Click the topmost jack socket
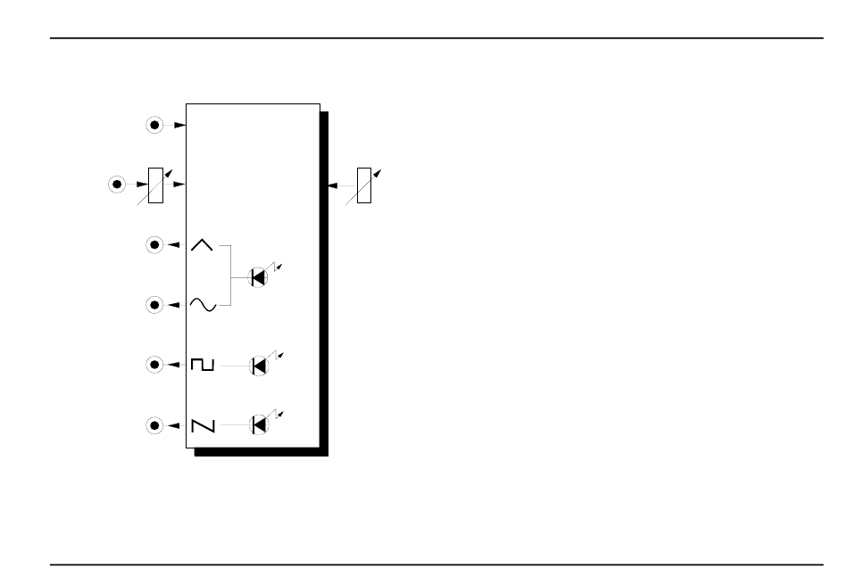click(154, 126)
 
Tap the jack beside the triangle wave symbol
click(154, 244)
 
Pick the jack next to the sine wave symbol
click(154, 305)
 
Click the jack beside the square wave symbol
click(154, 365)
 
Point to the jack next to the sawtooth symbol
click(154, 425)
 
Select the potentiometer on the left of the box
click(155, 185)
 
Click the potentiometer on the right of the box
click(363, 185)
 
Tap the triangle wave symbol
click(203, 244)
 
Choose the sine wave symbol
click(203, 305)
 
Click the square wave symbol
click(203, 365)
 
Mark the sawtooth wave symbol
click(203, 425)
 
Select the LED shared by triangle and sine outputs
click(259, 277)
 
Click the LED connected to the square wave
click(259, 365)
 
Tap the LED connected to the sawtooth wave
click(259, 425)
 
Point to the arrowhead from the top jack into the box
click(179, 126)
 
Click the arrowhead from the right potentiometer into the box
click(333, 185)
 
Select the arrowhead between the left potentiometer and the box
click(179, 185)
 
